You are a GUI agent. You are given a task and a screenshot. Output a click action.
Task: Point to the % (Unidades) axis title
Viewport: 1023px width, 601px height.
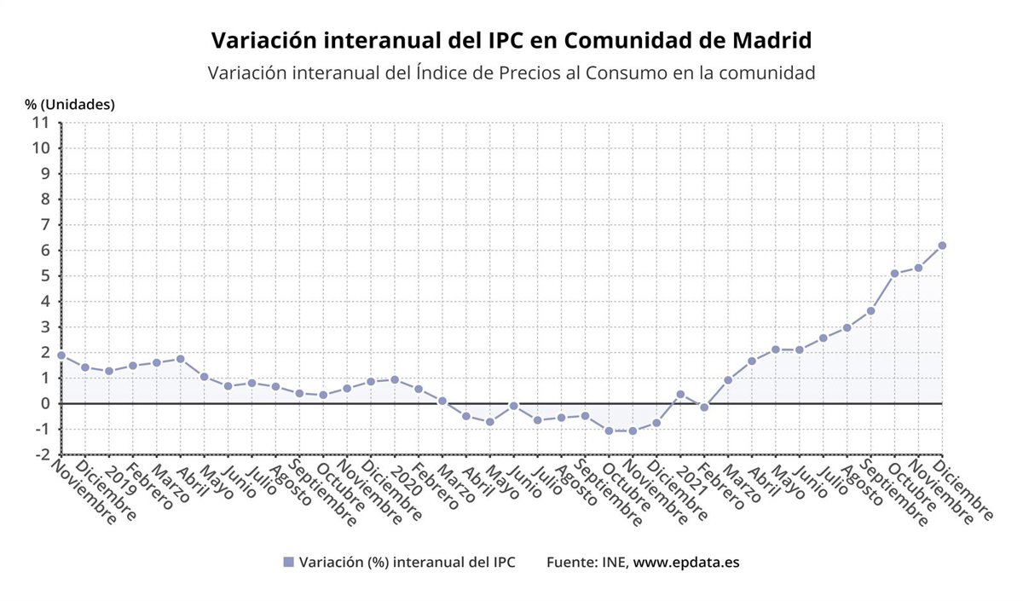pyautogui.click(x=70, y=104)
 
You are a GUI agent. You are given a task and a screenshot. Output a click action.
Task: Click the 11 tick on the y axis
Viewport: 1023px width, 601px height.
pyautogui.click(x=40, y=122)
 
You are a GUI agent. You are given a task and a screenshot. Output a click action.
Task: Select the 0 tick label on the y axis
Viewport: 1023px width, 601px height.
pyautogui.click(x=45, y=403)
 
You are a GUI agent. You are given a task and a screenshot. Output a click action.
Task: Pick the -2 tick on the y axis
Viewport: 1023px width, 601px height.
pyautogui.click(x=42, y=454)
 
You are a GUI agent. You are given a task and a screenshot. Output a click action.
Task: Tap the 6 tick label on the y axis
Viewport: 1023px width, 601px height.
pyautogui.click(x=45, y=250)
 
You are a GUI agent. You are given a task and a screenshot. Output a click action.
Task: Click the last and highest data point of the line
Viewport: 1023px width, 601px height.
pyautogui.click(x=942, y=246)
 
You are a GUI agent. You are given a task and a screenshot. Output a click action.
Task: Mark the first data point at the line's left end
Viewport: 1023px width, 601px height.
pyautogui.click(x=61, y=355)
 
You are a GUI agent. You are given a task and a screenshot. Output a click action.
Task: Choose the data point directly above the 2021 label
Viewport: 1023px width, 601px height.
pyautogui.click(x=680, y=394)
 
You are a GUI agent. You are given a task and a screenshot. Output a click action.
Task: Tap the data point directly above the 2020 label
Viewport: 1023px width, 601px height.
pyautogui.click(x=395, y=379)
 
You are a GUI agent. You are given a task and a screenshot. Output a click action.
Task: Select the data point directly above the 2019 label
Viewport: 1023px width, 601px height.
pyautogui.click(x=109, y=371)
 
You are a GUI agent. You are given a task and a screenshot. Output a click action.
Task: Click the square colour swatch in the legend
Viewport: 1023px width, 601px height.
pyautogui.click(x=288, y=563)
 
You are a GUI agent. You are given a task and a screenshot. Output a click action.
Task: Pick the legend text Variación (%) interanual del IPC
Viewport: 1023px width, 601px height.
pyautogui.click(x=407, y=563)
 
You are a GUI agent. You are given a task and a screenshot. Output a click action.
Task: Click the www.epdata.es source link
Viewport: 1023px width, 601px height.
pyautogui.click(x=686, y=563)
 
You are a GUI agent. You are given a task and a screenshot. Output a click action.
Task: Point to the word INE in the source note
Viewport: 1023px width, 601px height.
pyautogui.click(x=613, y=563)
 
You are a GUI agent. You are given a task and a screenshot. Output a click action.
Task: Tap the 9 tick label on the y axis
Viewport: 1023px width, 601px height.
pyautogui.click(x=45, y=173)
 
